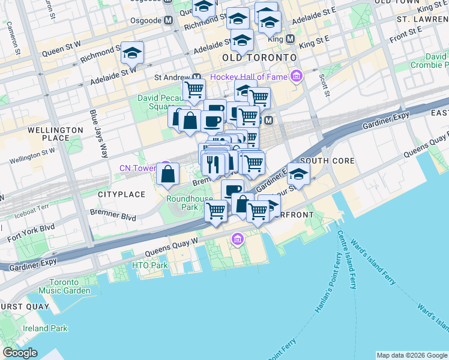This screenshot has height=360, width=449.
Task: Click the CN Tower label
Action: [137, 168]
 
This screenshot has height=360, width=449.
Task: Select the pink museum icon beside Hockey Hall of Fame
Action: [296, 76]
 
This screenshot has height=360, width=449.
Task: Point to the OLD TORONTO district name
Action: [259, 57]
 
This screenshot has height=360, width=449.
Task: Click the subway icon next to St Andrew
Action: [197, 77]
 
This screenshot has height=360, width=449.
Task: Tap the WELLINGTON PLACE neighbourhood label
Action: [55, 134]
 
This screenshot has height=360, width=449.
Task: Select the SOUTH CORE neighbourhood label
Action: [327, 161]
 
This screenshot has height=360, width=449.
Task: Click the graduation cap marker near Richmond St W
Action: [132, 53]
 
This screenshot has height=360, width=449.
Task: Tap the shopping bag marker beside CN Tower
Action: [169, 174]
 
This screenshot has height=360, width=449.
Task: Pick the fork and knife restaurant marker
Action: [214, 163]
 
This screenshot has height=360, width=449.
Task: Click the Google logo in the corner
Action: [20, 353]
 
